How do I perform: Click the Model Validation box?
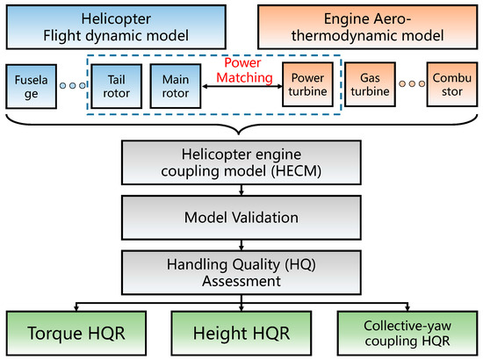(x=241, y=216)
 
